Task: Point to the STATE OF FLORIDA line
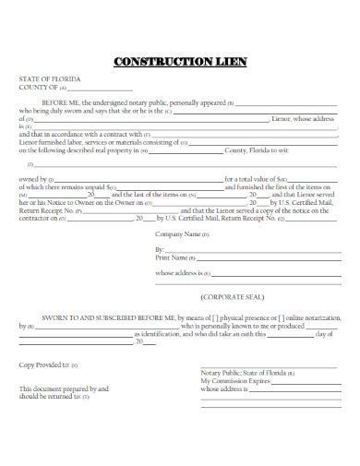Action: click(x=50, y=81)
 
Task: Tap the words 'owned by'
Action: click(x=33, y=177)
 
